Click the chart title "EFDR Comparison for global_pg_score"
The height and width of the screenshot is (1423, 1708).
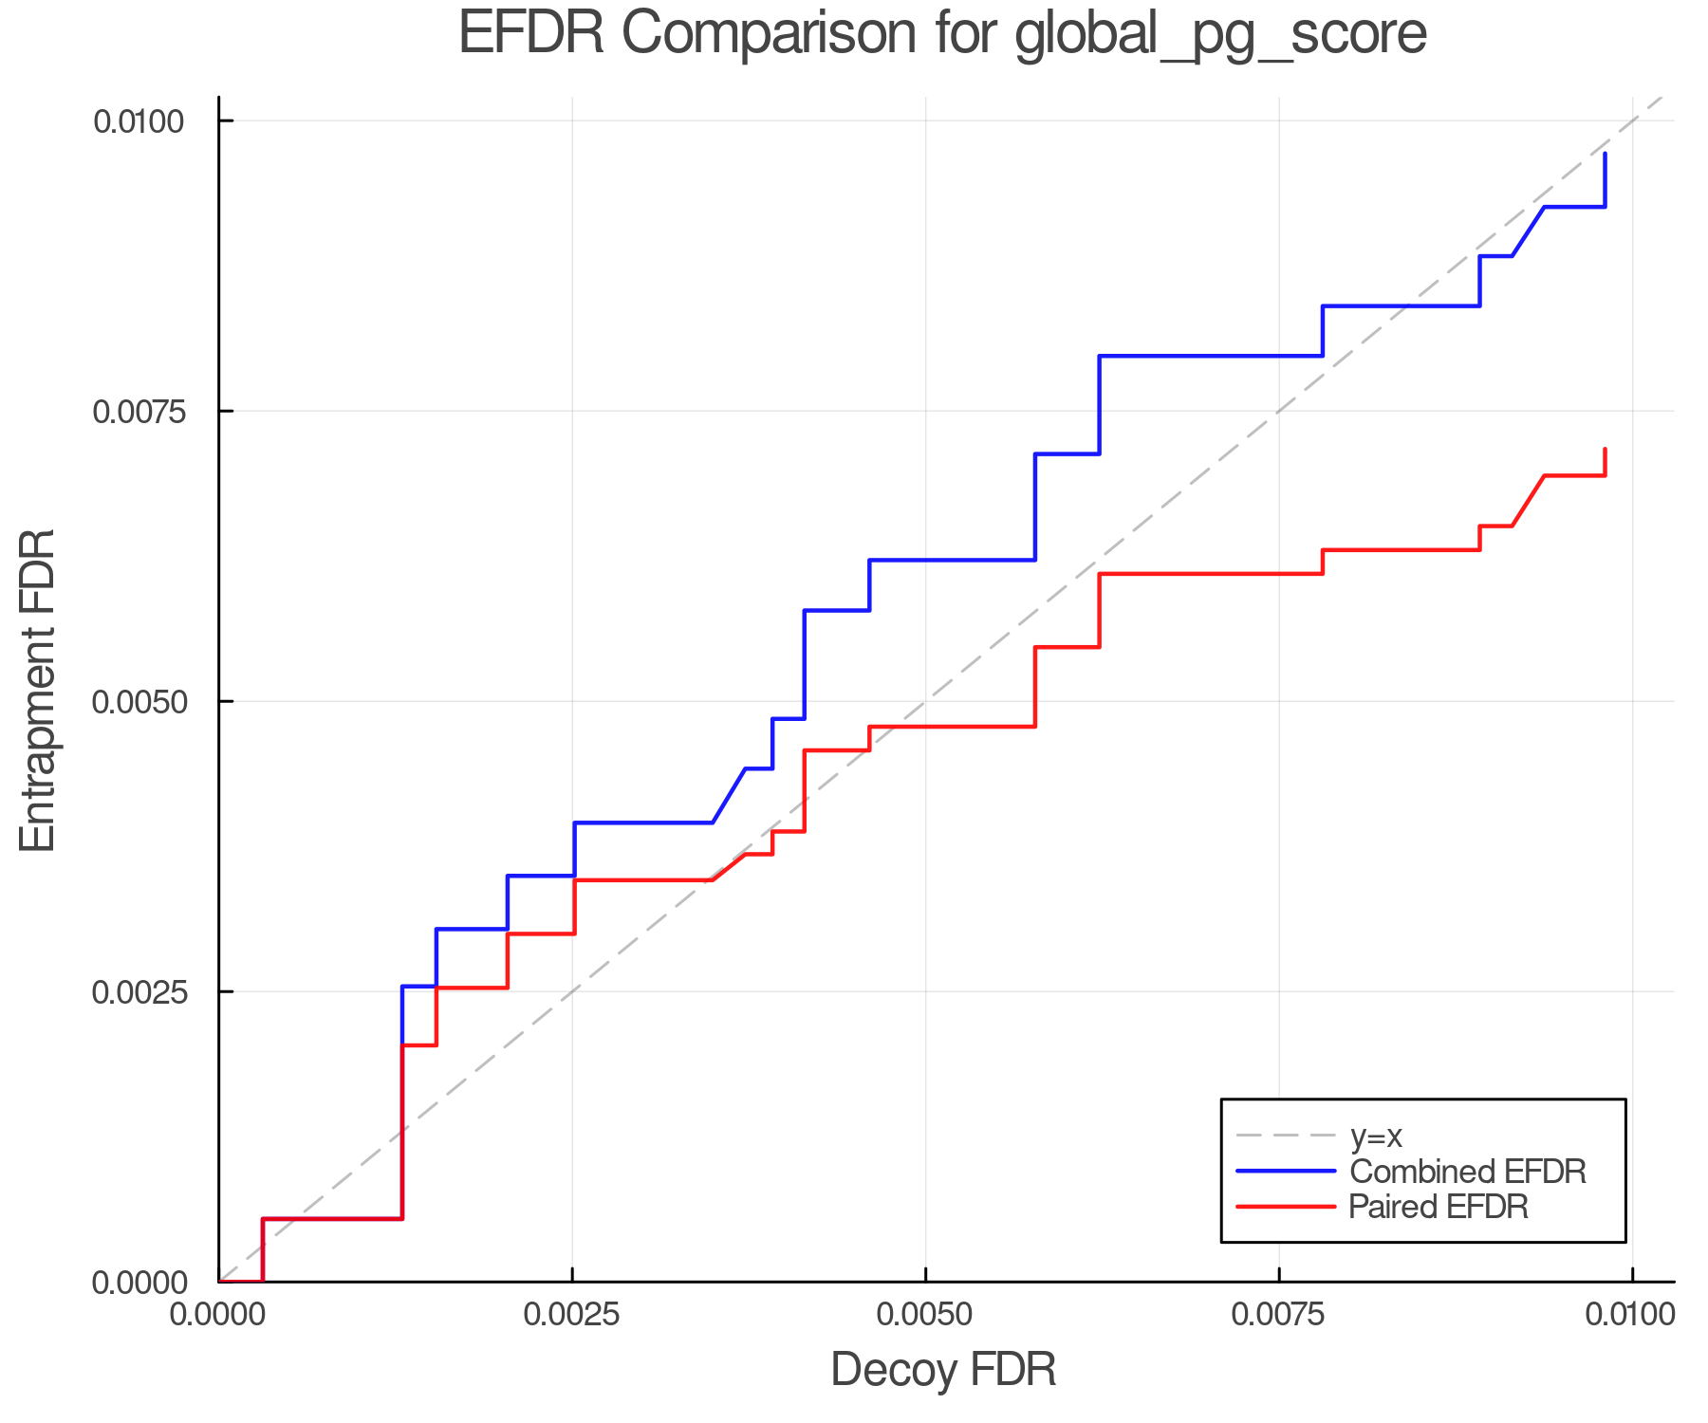coord(942,34)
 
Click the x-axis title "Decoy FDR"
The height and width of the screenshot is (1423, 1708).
coord(943,1370)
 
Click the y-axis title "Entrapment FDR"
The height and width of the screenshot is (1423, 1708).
coord(39,690)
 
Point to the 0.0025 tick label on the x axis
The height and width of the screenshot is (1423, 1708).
coord(571,1315)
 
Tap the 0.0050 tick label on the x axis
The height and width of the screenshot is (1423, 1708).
coord(925,1315)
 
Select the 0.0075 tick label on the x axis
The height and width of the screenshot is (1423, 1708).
coord(1278,1315)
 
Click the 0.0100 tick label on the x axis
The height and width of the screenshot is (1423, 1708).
coord(1631,1315)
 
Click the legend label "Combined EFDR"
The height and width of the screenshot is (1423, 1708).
coord(1467,1172)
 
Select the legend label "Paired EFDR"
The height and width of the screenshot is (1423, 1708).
coord(1439,1207)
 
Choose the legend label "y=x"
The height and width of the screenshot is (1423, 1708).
coord(1376,1136)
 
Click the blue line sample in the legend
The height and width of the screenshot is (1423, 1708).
coord(1286,1172)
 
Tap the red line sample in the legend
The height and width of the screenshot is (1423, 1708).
coord(1286,1207)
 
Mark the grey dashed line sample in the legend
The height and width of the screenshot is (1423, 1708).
coord(1286,1136)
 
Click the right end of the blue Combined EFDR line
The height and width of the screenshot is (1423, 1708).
coord(1605,154)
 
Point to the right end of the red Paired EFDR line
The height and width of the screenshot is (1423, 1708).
coord(1605,450)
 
